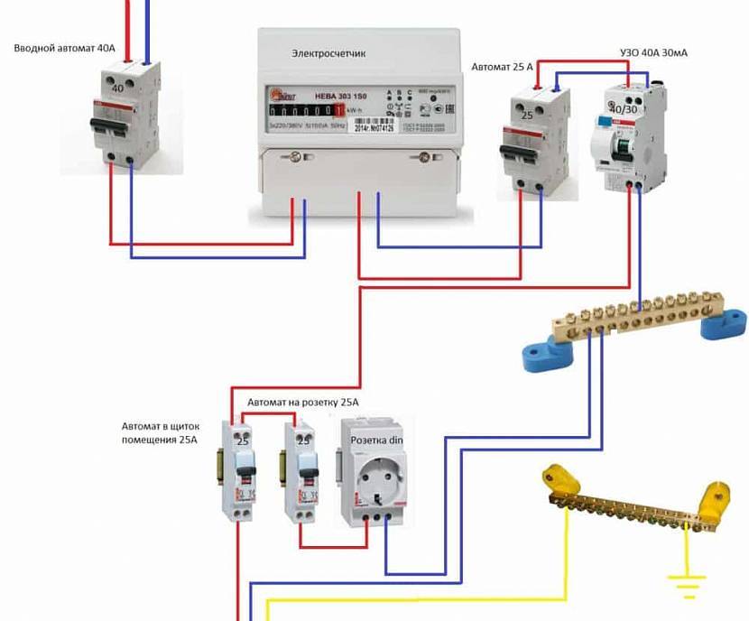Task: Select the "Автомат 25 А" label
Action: pyautogui.click(x=503, y=67)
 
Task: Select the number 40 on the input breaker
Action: pyautogui.click(x=116, y=89)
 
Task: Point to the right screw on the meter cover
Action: pyautogui.click(x=421, y=159)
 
